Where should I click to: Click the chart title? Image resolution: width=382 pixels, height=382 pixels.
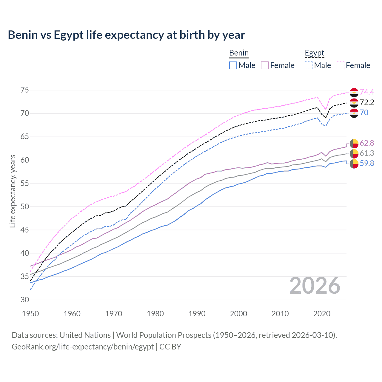point(126,35)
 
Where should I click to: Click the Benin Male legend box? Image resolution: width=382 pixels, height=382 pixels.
point(233,65)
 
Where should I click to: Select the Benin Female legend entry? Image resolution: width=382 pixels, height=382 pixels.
point(278,65)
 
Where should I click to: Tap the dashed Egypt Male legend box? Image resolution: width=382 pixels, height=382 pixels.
point(309,65)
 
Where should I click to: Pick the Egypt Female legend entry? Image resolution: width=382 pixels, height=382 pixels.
point(353,65)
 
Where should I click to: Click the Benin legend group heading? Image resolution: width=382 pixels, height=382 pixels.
point(239,53)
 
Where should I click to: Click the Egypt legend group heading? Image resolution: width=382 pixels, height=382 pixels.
point(314,53)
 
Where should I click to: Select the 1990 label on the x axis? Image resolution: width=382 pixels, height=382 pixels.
point(197,314)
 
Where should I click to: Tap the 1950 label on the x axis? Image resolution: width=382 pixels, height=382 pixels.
point(31,314)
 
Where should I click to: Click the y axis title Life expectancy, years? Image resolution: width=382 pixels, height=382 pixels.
point(13,191)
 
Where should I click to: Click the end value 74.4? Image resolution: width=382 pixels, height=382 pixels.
point(367,92)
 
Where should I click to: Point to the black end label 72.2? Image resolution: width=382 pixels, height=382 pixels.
point(367,102)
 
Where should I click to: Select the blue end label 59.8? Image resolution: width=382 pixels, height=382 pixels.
point(367,163)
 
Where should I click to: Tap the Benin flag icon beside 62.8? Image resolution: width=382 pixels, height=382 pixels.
point(354,143)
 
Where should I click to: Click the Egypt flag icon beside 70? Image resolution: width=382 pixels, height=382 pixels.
point(354,113)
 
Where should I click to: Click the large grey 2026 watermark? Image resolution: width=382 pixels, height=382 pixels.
point(315,286)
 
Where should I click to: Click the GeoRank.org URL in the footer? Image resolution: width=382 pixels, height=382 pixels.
point(83,347)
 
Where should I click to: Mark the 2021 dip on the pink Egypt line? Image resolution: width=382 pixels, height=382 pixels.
point(326,109)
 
